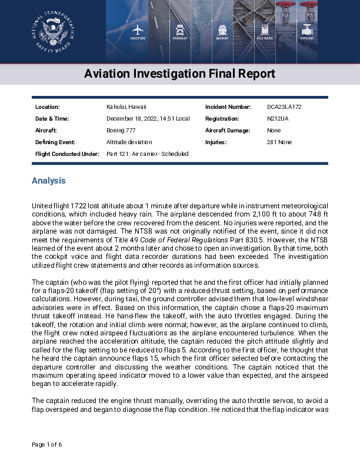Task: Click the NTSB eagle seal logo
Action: pyautogui.click(x=53, y=32)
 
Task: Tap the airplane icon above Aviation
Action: pyautogui.click(x=138, y=29)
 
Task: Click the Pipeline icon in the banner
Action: pyautogui.click(x=307, y=29)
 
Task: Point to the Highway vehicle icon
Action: pyautogui.click(x=180, y=29)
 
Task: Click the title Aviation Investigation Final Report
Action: pyautogui.click(x=179, y=74)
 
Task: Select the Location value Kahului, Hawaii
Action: pyautogui.click(x=126, y=107)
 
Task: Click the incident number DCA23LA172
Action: pyautogui.click(x=284, y=107)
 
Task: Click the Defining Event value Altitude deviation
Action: pyautogui.click(x=129, y=142)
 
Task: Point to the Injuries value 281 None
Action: pyautogui.click(x=279, y=142)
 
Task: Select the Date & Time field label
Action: pyautogui.click(x=52, y=119)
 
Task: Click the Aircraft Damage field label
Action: pyautogui.click(x=228, y=131)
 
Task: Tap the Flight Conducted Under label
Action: pyautogui.click(x=66, y=154)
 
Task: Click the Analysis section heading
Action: pyautogui.click(x=48, y=181)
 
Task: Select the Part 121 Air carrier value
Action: pyautogui.click(x=148, y=154)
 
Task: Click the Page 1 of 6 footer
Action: pyautogui.click(x=46, y=444)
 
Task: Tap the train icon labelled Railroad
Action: pyautogui.click(x=265, y=29)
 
